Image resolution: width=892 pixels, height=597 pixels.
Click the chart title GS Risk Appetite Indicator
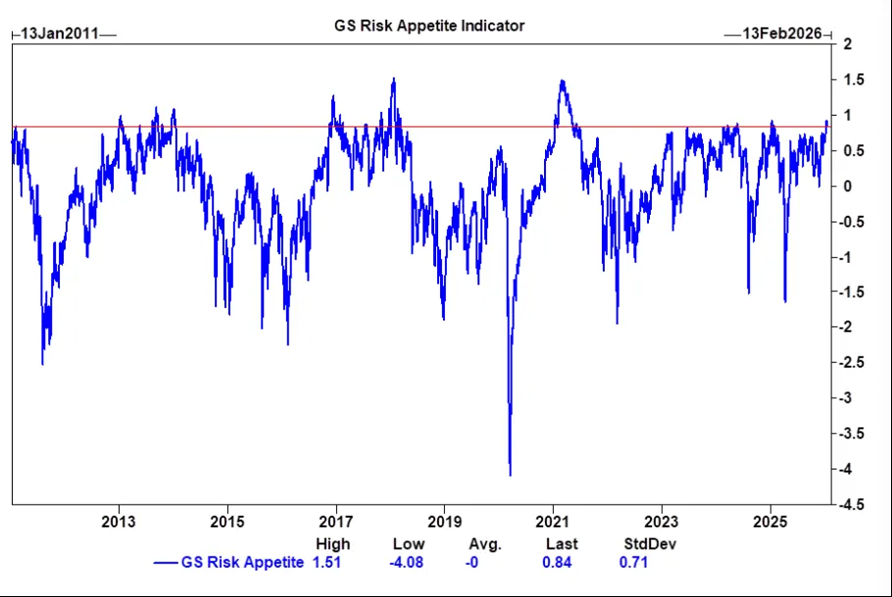click(429, 26)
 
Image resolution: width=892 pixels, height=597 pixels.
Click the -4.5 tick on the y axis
click(852, 505)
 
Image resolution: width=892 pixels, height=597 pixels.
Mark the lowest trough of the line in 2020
click(510, 474)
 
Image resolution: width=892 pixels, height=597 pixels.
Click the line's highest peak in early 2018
click(393, 79)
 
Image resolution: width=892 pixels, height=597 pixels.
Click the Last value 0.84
click(556, 562)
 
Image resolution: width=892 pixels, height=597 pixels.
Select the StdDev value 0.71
click(633, 562)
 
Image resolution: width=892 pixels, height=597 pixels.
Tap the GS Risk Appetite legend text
click(242, 562)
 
